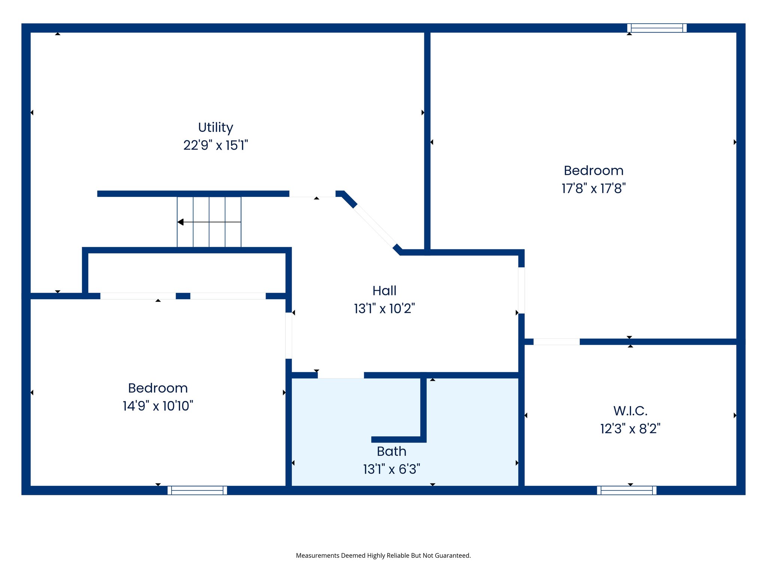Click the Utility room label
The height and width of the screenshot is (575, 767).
(x=215, y=128)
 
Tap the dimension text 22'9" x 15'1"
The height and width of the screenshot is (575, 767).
(x=215, y=145)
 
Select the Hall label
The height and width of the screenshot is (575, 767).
(x=384, y=291)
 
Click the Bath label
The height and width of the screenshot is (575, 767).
(x=391, y=451)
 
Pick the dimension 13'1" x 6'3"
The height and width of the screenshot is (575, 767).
(x=391, y=469)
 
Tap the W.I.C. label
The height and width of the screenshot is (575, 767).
(x=630, y=411)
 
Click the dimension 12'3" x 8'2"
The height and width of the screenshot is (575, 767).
(x=630, y=429)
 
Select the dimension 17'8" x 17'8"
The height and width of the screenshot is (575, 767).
(x=594, y=188)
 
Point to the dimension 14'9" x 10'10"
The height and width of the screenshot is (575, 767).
(x=158, y=406)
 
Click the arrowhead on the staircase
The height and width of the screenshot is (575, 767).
(x=181, y=222)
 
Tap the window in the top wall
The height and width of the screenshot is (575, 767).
(x=657, y=28)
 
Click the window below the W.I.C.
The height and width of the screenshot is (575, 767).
(x=627, y=490)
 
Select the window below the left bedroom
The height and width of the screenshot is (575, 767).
(x=197, y=490)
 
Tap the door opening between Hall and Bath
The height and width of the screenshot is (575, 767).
(x=341, y=375)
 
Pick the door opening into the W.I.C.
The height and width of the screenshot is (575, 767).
(x=557, y=342)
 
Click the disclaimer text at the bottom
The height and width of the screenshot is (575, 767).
(x=383, y=556)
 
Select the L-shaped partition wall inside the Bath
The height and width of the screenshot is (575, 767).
(x=423, y=412)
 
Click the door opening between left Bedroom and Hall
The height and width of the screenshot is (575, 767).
(x=289, y=335)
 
